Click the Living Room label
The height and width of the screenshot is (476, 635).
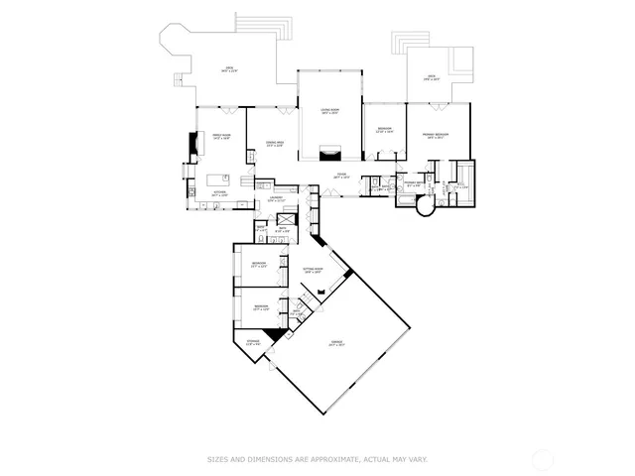[x=330, y=111]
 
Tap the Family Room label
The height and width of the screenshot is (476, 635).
[x=221, y=137]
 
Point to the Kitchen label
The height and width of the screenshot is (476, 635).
[x=220, y=194]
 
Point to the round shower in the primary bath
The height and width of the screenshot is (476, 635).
[x=424, y=209]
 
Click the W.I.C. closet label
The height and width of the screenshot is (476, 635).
[x=459, y=185]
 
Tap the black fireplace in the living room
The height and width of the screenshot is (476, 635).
[x=330, y=152]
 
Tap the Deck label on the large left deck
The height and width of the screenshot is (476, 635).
[x=228, y=68]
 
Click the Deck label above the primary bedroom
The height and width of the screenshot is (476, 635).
[x=432, y=77]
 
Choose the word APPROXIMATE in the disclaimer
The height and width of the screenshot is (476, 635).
[x=321, y=459]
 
